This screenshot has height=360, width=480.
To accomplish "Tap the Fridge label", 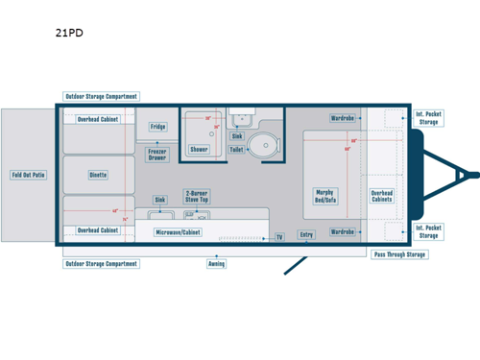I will [158, 127].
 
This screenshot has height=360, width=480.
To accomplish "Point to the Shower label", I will [199, 150].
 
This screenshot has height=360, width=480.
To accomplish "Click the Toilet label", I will [236, 150].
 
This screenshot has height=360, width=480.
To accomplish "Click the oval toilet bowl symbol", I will [261, 147].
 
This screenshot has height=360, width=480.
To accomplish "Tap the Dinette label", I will [98, 175].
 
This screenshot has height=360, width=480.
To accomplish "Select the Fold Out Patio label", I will [28, 175].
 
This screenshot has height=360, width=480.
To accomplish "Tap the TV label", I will [279, 236].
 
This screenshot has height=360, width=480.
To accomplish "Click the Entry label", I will [306, 234].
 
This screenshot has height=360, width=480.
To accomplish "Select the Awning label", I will [217, 263].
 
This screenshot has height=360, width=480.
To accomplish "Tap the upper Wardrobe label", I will [343, 119].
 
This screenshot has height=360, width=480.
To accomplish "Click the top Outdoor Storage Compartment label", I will [101, 96].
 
